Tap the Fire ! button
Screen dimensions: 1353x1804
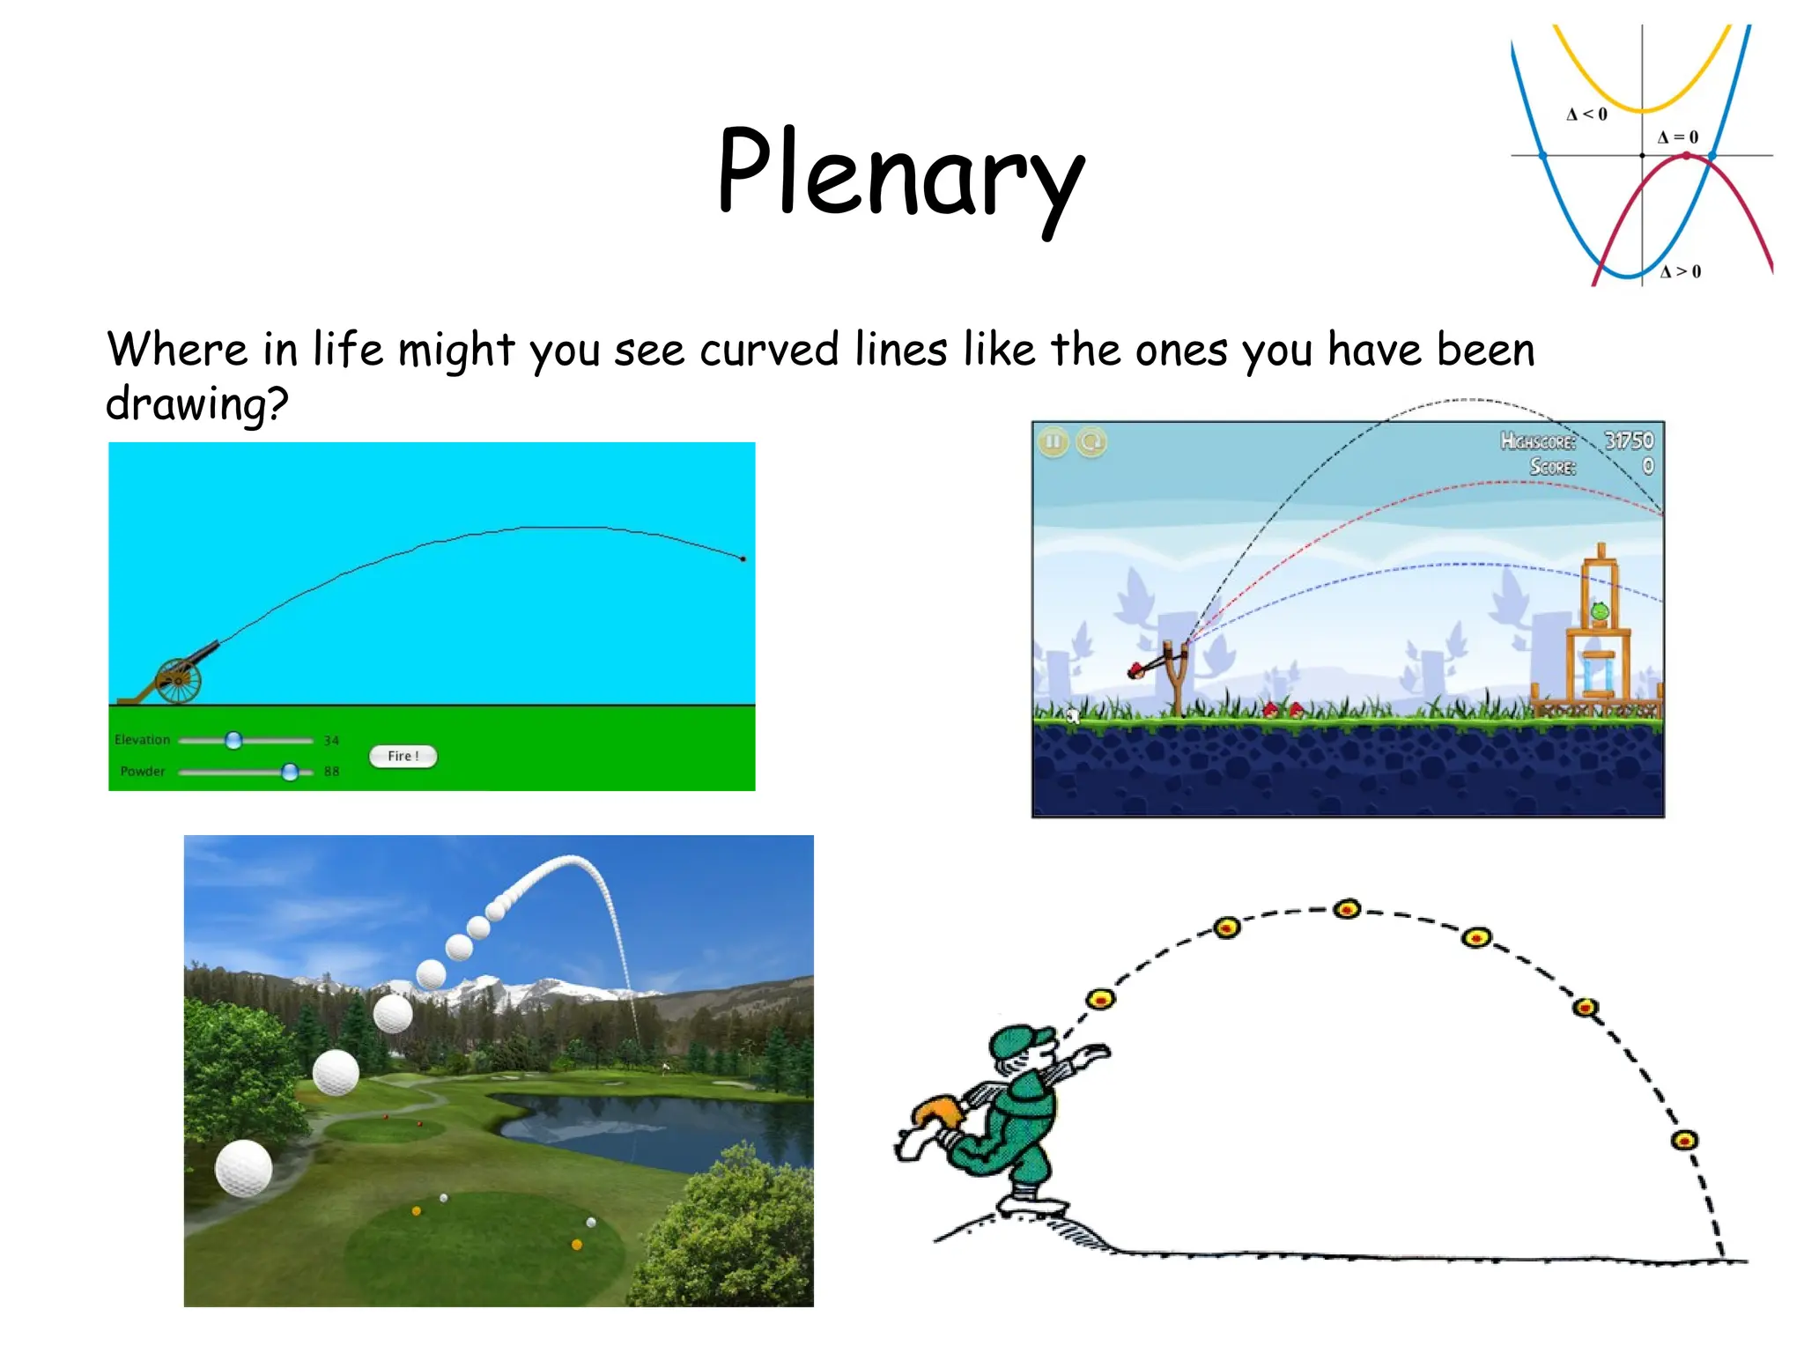(x=403, y=756)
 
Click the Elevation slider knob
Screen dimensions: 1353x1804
(x=233, y=740)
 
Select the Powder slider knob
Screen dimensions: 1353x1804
(x=290, y=772)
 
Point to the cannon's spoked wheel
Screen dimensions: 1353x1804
(x=178, y=680)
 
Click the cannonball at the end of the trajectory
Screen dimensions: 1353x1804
(x=743, y=558)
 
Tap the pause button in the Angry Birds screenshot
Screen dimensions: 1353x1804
(x=1053, y=441)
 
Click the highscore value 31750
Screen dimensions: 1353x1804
(x=1628, y=440)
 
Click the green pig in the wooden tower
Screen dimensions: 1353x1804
(x=1600, y=610)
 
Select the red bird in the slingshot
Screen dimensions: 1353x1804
(x=1137, y=670)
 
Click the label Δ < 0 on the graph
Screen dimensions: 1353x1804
(x=1586, y=115)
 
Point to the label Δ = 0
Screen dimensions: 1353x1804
(x=1677, y=137)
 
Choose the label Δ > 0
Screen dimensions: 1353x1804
(x=1681, y=272)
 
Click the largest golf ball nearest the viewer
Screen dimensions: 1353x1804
(x=243, y=1167)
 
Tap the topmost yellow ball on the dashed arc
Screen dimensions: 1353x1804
(x=1347, y=909)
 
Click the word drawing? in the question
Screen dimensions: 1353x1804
(x=197, y=405)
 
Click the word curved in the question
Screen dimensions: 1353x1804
(x=769, y=350)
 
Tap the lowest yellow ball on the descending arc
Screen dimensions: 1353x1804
(x=1684, y=1141)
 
